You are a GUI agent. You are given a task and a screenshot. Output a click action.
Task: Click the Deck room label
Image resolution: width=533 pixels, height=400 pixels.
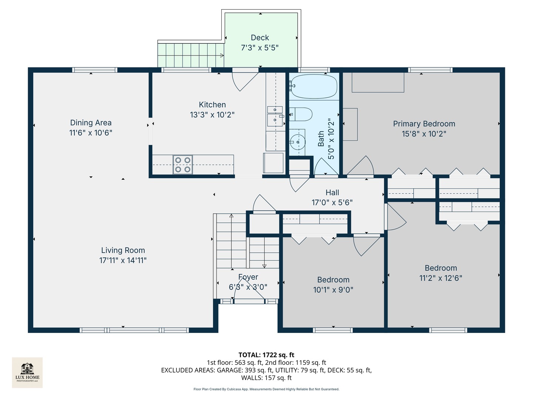pyautogui.click(x=260, y=38)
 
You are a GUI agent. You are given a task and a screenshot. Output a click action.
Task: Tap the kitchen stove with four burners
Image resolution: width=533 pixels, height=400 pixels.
pyautogui.click(x=182, y=165)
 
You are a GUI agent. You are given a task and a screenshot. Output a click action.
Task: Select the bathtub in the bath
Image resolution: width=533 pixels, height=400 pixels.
pyautogui.click(x=314, y=87)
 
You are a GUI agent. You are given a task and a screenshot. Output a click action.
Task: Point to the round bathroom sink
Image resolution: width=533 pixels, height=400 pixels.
pyautogui.click(x=297, y=141)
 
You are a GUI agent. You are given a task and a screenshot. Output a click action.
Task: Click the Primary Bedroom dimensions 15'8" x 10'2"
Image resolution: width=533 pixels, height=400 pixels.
pyautogui.click(x=424, y=134)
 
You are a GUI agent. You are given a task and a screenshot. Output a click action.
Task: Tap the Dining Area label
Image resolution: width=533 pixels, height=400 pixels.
pyautogui.click(x=91, y=123)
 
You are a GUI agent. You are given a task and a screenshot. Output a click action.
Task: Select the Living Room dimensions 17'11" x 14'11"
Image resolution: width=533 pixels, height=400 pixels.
pyautogui.click(x=123, y=260)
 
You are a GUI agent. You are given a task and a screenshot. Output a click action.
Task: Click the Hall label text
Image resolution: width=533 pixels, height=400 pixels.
pyautogui.click(x=332, y=193)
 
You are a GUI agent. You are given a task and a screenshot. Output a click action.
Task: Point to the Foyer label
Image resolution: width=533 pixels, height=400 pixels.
pyautogui.click(x=248, y=277)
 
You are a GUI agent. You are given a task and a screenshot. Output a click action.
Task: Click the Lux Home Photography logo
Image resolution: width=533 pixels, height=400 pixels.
pyautogui.click(x=27, y=372)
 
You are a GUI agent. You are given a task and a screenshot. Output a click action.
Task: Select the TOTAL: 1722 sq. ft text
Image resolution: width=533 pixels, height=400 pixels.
pyautogui.click(x=266, y=355)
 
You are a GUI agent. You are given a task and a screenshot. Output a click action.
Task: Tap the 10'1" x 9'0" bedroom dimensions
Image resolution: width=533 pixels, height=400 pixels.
pyautogui.click(x=333, y=290)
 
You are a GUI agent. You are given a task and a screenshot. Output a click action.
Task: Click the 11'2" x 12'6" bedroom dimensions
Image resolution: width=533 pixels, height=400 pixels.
pyautogui.click(x=440, y=278)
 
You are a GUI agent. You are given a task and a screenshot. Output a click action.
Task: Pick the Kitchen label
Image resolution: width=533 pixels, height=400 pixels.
pyautogui.click(x=212, y=105)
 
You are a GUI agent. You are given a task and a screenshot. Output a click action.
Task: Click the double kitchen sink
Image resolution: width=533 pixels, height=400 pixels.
pyautogui.click(x=275, y=115)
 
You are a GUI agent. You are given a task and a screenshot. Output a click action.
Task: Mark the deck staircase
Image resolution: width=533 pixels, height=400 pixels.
pyautogui.click(x=191, y=55)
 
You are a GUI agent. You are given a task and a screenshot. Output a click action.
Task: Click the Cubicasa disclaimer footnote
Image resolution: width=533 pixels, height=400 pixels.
pyautogui.click(x=266, y=389)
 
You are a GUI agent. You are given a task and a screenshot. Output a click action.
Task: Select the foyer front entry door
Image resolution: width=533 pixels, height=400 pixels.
pyautogui.click(x=249, y=293)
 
